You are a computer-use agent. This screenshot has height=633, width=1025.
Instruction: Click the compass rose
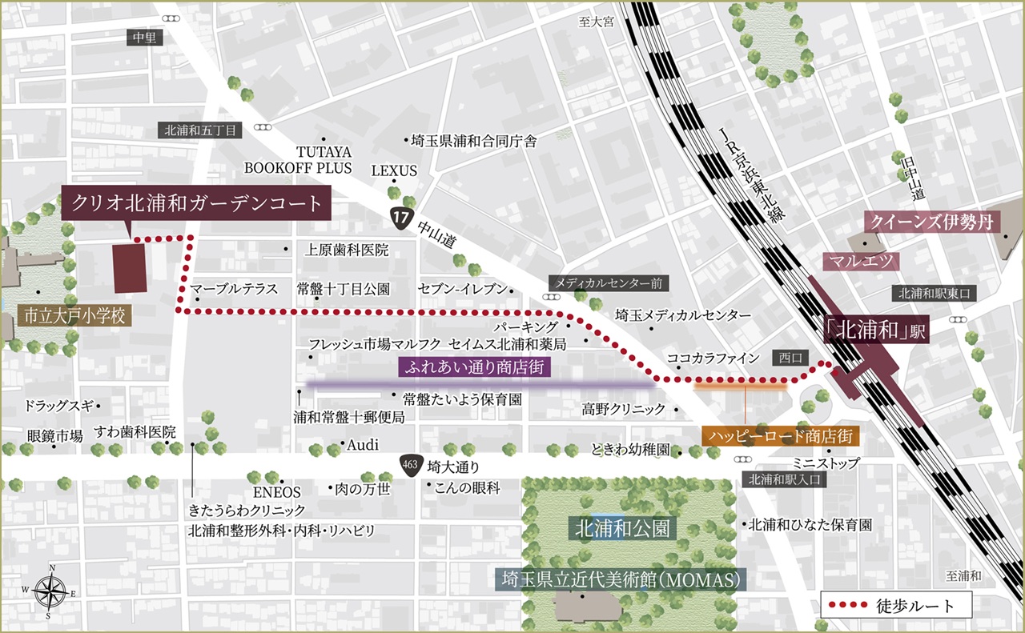click(51, 593)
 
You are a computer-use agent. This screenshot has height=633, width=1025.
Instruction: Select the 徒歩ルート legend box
click(896, 605)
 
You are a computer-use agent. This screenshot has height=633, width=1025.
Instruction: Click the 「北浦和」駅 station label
click(877, 332)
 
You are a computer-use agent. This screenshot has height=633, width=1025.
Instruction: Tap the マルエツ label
click(862, 261)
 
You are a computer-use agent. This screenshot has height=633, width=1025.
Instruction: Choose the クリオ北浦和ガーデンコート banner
click(196, 202)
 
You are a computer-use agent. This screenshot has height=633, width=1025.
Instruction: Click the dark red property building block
click(130, 268)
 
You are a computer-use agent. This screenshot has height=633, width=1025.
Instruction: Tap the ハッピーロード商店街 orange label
click(781, 436)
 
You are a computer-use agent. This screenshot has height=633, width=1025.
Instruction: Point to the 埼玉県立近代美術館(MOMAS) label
click(621, 579)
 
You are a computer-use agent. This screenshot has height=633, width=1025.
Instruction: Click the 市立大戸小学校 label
click(74, 315)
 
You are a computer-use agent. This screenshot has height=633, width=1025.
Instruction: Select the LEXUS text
click(394, 170)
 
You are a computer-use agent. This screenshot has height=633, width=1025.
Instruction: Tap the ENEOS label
click(277, 492)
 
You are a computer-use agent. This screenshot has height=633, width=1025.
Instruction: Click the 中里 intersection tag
click(144, 37)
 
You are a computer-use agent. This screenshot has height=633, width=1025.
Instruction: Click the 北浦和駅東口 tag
click(934, 294)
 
